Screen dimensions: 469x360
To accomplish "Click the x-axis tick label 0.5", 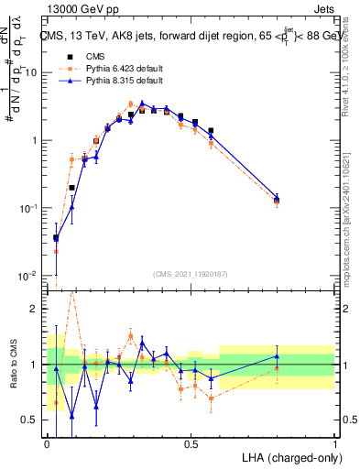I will [191, 444].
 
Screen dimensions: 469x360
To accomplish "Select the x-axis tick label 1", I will [334, 444].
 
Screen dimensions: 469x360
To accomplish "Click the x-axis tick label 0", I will [47, 444].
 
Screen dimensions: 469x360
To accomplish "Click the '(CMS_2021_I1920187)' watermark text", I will [191, 272].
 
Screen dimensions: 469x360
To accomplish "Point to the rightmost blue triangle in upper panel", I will [278, 197].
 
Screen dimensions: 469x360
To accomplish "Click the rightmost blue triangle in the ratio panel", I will [278, 356].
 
